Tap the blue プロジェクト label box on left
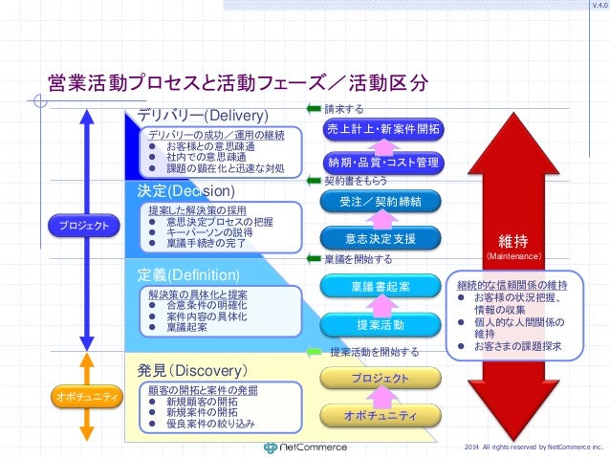pyautogui.click(x=83, y=226)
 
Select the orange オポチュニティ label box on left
pyautogui.click(x=83, y=396)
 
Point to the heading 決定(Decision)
pyautogui.click(x=185, y=191)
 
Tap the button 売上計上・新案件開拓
pyautogui.click(x=382, y=129)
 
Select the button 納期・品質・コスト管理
pyautogui.click(x=382, y=162)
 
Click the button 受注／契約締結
pyautogui.click(x=382, y=201)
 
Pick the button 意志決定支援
pyautogui.click(x=382, y=237)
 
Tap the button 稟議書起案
pyautogui.click(x=382, y=286)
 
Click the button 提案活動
pyautogui.click(x=382, y=325)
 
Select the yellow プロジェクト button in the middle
pyautogui.click(x=382, y=379)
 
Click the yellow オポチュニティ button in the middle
pyautogui.click(x=382, y=415)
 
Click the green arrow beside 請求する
pyautogui.click(x=314, y=108)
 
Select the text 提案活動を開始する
pyautogui.click(x=374, y=352)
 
